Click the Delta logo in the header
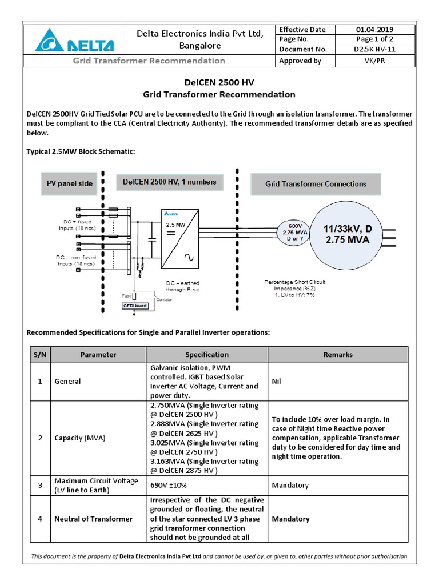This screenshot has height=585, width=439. point(75,42)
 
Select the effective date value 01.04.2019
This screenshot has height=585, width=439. point(374,30)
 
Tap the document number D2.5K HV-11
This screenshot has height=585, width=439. point(374,50)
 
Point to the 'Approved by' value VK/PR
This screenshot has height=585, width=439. point(374,61)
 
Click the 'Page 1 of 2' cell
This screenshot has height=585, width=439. point(374,39)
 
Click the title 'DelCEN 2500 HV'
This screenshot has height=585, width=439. point(219,83)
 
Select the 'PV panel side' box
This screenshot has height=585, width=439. point(69,183)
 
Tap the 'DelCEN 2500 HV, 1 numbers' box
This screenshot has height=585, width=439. point(170,182)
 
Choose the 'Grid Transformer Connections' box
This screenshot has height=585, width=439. point(316,184)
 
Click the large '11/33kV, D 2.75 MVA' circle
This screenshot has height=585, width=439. point(348,234)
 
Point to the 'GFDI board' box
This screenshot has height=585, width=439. point(135,306)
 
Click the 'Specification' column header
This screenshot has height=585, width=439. point(206,355)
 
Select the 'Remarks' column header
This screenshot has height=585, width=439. point(338,355)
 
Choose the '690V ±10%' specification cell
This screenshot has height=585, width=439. point(169,485)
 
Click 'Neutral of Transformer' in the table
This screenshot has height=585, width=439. point(93,519)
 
